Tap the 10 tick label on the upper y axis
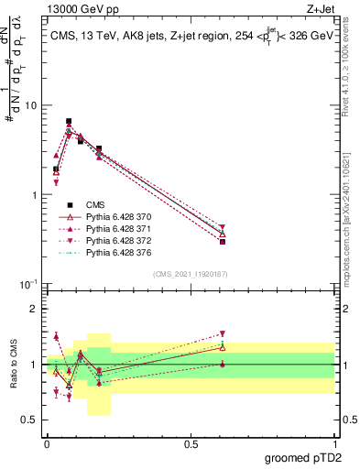point(30,105)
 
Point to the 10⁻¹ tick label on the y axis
point(27,285)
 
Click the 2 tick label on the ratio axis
point(34,309)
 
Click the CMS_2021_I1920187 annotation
point(191,274)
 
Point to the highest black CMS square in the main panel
point(69,121)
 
